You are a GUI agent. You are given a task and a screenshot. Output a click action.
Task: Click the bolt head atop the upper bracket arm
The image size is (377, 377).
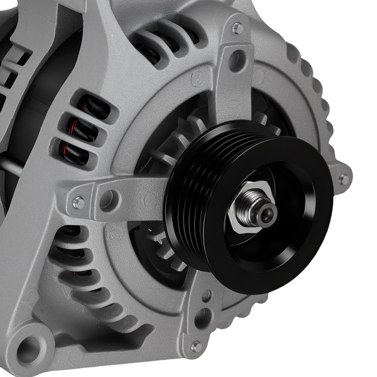(237, 28)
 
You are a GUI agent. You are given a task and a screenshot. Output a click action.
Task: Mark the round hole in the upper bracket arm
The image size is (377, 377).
(237, 61)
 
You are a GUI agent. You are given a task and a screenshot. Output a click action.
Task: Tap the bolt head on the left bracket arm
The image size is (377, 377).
(78, 202)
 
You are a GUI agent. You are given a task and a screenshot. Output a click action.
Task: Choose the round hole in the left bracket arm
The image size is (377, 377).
(109, 200)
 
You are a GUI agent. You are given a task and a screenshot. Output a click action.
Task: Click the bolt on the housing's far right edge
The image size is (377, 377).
(343, 180)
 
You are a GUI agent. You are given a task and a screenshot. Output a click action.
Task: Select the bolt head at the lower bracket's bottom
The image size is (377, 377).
(197, 346)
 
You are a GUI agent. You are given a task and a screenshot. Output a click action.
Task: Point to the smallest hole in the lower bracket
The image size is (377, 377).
(206, 295)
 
